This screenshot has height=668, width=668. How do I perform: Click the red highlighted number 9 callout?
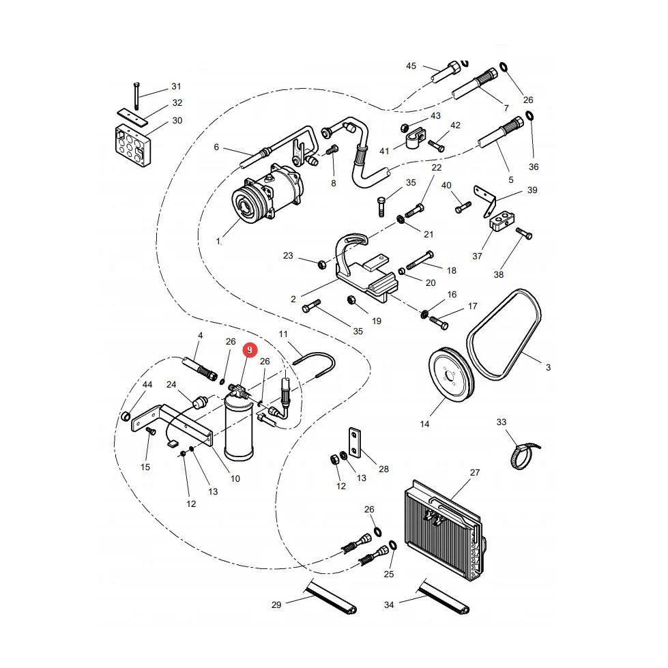coord(250,350)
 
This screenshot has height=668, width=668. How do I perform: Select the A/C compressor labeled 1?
coord(267,194)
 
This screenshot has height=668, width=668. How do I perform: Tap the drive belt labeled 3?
coord(504,335)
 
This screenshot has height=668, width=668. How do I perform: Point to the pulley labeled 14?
coord(451,375)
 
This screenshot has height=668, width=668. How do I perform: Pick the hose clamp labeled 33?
coord(524,456)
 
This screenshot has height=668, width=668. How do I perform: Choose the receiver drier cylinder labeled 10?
coord(239,428)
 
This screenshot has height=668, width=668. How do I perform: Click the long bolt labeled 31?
coord(136,96)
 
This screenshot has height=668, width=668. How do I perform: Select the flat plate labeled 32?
coord(132,117)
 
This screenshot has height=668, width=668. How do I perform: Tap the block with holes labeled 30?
coord(133,145)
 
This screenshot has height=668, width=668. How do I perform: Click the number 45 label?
coord(411,66)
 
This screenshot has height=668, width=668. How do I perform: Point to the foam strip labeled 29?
coord(331,598)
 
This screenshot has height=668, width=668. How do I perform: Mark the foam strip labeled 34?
coord(443,598)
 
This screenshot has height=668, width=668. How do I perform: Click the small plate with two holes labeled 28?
coord(354,443)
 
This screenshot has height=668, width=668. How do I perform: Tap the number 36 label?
coord(534,167)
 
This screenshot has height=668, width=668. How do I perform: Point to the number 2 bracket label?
coord(293,300)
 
